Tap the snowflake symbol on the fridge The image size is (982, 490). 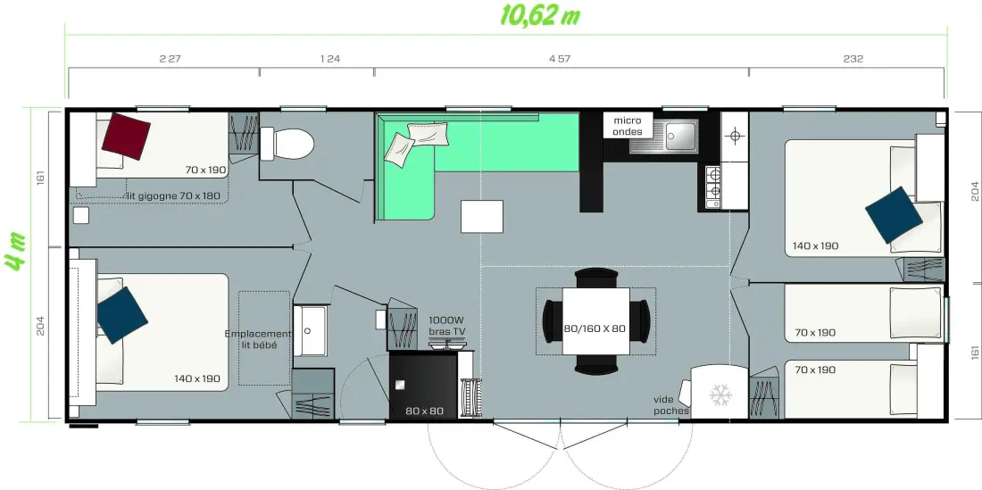tap(720, 395)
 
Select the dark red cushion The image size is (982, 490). tap(126, 136)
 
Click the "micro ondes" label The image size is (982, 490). tap(628, 126)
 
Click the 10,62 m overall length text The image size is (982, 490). tap(540, 16)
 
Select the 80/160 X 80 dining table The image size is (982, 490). tap(595, 321)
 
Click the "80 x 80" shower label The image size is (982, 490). tap(424, 411)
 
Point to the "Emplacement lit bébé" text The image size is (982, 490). tap(258, 339)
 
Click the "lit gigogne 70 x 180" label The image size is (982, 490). tap(173, 195)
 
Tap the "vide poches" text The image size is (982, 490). tap(671, 405)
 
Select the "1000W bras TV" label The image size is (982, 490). tap(447, 325)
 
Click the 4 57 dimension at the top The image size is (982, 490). tap(560, 59)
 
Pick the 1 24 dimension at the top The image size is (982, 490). tap(330, 59)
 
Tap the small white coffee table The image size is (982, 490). tap(482, 217)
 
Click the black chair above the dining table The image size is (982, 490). tap(595, 276)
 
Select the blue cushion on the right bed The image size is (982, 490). tap(894, 214)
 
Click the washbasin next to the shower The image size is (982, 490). tap(310, 330)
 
